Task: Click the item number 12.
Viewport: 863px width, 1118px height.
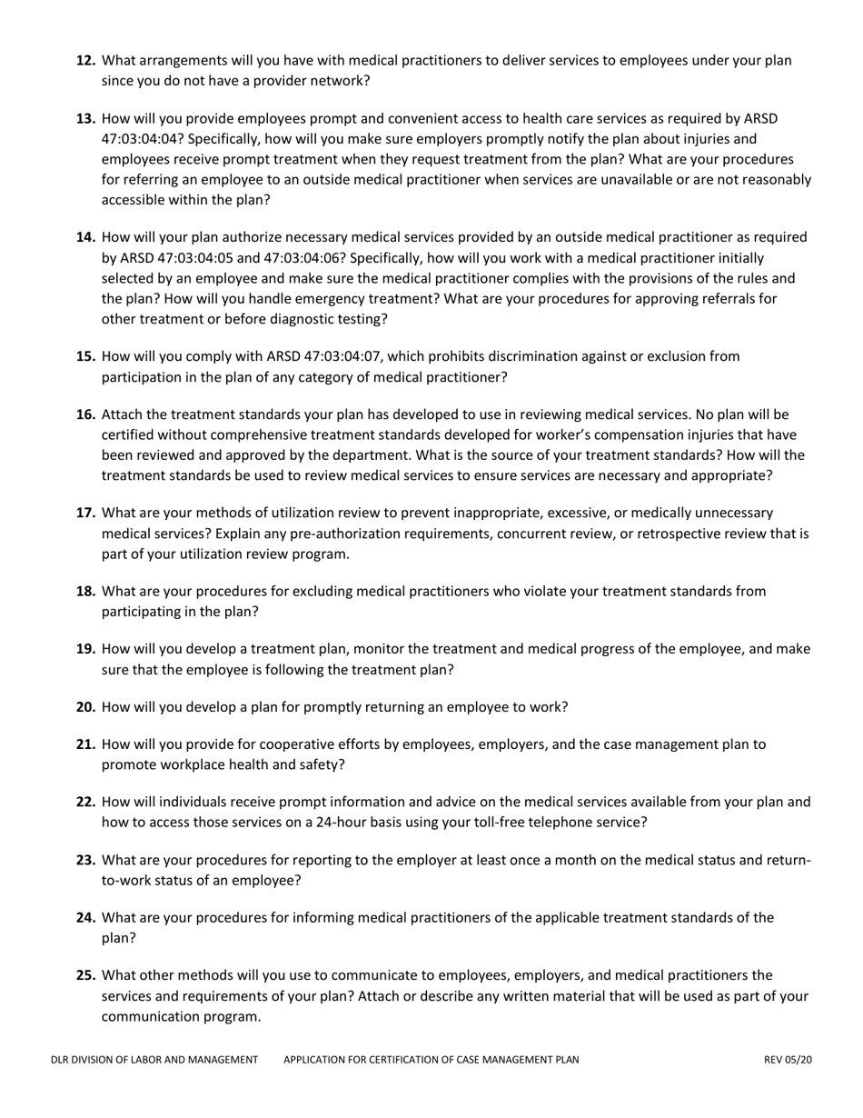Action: point(86,61)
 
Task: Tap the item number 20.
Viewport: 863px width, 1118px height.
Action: point(86,707)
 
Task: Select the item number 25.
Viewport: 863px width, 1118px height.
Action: point(86,975)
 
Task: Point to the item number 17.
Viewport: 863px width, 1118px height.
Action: point(86,513)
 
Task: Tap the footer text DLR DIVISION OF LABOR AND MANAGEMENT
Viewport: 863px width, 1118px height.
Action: point(154,1059)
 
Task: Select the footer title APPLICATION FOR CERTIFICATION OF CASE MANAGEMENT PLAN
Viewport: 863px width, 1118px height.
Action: point(431,1059)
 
